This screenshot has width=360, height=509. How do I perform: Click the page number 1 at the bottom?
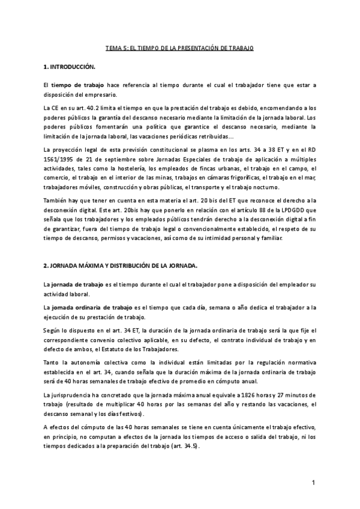[x=313, y=483]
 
